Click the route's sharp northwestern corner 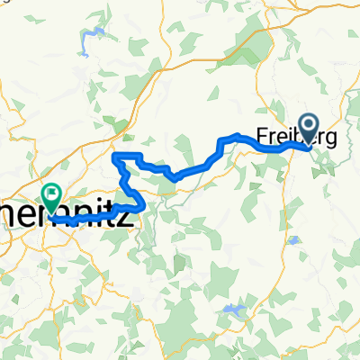point(113,157)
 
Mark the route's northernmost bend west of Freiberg point(236,135)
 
